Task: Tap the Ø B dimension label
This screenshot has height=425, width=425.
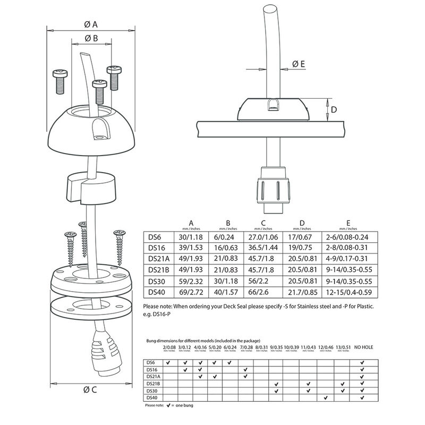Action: (90, 38)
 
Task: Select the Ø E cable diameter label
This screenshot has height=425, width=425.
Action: (298, 64)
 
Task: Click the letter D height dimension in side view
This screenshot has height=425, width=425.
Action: (334, 109)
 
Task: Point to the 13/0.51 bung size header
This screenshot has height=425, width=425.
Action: (344, 347)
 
